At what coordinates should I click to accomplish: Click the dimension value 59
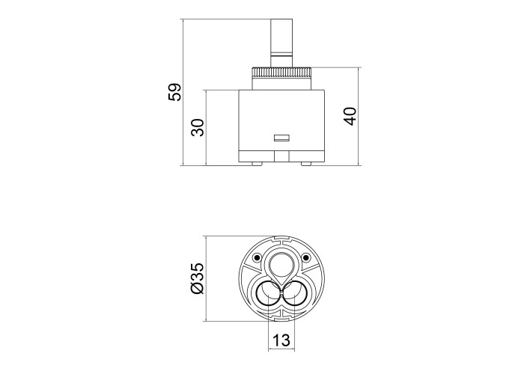(174, 92)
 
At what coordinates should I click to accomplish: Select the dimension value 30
(198, 128)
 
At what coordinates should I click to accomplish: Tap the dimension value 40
(350, 116)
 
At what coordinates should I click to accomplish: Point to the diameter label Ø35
(197, 278)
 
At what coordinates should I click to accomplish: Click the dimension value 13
(281, 340)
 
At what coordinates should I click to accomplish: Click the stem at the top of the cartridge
(281, 43)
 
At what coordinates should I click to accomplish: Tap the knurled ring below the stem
(281, 72)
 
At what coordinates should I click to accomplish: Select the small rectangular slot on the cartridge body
(281, 138)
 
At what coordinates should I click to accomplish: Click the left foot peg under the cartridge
(257, 164)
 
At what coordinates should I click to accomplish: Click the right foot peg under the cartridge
(305, 164)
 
